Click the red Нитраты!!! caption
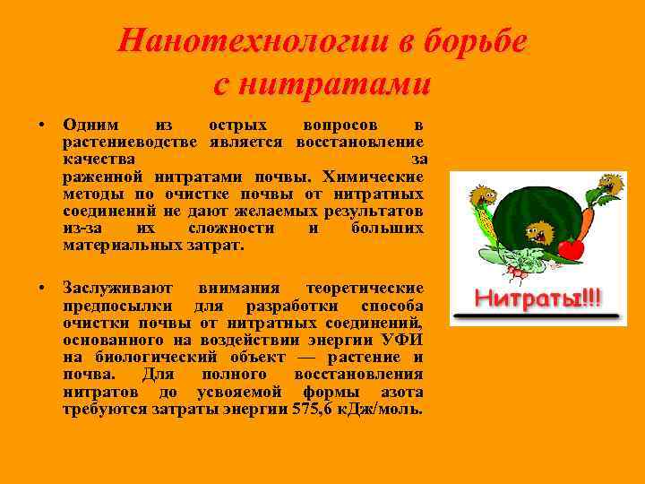(x=537, y=297)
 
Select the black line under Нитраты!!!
(x=537, y=316)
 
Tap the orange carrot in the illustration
(x=587, y=220)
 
